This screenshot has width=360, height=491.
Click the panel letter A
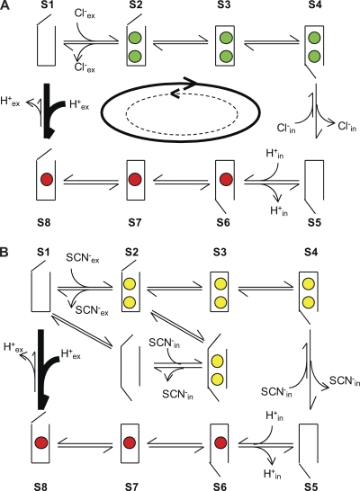(x=4, y=5)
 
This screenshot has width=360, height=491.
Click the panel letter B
(x=4, y=253)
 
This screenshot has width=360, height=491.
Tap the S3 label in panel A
(x=223, y=5)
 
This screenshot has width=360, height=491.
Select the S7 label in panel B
(x=131, y=487)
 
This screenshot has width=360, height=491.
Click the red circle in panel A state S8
(x=47, y=180)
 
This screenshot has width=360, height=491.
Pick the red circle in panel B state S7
(x=129, y=443)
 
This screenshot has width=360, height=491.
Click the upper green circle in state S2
(x=135, y=39)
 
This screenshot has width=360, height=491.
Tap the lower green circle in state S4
(x=314, y=57)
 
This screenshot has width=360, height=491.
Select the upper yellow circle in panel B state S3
(x=220, y=284)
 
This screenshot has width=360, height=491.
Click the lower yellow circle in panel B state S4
(x=309, y=302)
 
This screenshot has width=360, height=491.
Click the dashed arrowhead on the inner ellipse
(x=175, y=93)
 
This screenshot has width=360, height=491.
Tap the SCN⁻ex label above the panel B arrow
(x=83, y=259)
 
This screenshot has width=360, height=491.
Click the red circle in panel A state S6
(x=226, y=180)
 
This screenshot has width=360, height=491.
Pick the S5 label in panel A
(x=314, y=223)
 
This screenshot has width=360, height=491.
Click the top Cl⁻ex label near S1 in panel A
(x=85, y=13)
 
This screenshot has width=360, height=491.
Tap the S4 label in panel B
(x=310, y=253)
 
